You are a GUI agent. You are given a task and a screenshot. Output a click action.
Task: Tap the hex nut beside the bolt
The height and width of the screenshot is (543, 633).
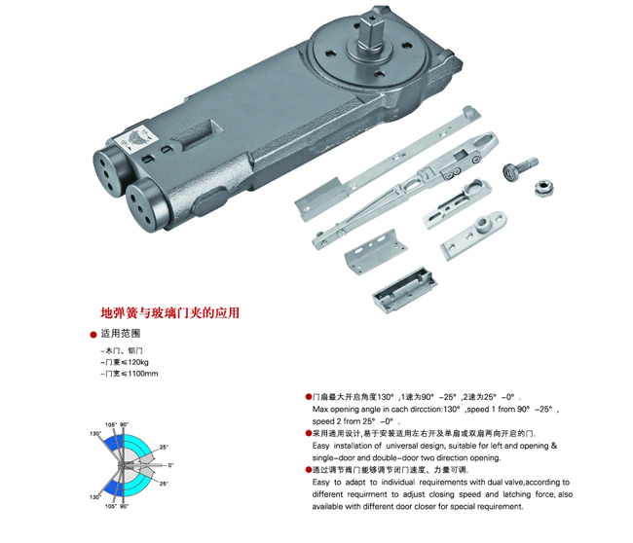[543, 188]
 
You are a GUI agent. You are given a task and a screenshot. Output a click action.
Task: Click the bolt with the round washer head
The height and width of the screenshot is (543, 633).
[519, 167]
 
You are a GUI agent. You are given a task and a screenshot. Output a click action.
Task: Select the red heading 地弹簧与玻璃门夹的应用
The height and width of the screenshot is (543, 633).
[170, 313]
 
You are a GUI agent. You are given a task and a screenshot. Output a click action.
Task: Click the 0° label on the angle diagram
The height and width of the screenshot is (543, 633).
[170, 465]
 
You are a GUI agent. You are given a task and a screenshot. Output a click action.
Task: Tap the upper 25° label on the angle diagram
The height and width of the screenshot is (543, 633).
[163, 447]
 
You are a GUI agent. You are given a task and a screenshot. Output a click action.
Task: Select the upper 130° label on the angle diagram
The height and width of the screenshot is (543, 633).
[94, 434]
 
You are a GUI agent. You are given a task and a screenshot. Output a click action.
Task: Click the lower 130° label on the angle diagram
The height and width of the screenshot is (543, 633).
[94, 497]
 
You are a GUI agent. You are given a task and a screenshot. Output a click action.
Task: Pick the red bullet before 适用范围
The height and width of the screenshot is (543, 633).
[93, 335]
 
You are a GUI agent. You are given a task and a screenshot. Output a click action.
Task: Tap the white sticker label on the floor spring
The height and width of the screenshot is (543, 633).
[136, 139]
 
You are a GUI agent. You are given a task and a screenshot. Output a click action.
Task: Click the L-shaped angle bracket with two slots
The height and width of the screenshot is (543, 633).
[376, 251]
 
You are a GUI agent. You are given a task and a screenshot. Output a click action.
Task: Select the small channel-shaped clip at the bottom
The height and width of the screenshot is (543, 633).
[404, 288]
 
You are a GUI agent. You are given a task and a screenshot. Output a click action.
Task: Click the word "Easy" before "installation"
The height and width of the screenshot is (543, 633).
[321, 446]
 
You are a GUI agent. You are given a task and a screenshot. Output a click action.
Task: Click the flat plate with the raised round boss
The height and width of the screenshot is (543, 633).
[473, 235]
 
